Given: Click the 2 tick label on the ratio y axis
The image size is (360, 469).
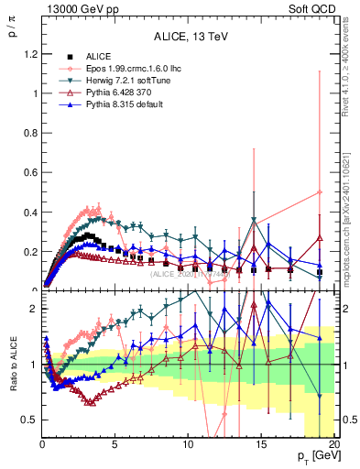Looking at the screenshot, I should [x=30, y=309].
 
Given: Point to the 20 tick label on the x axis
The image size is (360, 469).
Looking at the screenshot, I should [x=333, y=442].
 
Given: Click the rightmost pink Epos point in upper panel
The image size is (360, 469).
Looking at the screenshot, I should [x=319, y=192].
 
